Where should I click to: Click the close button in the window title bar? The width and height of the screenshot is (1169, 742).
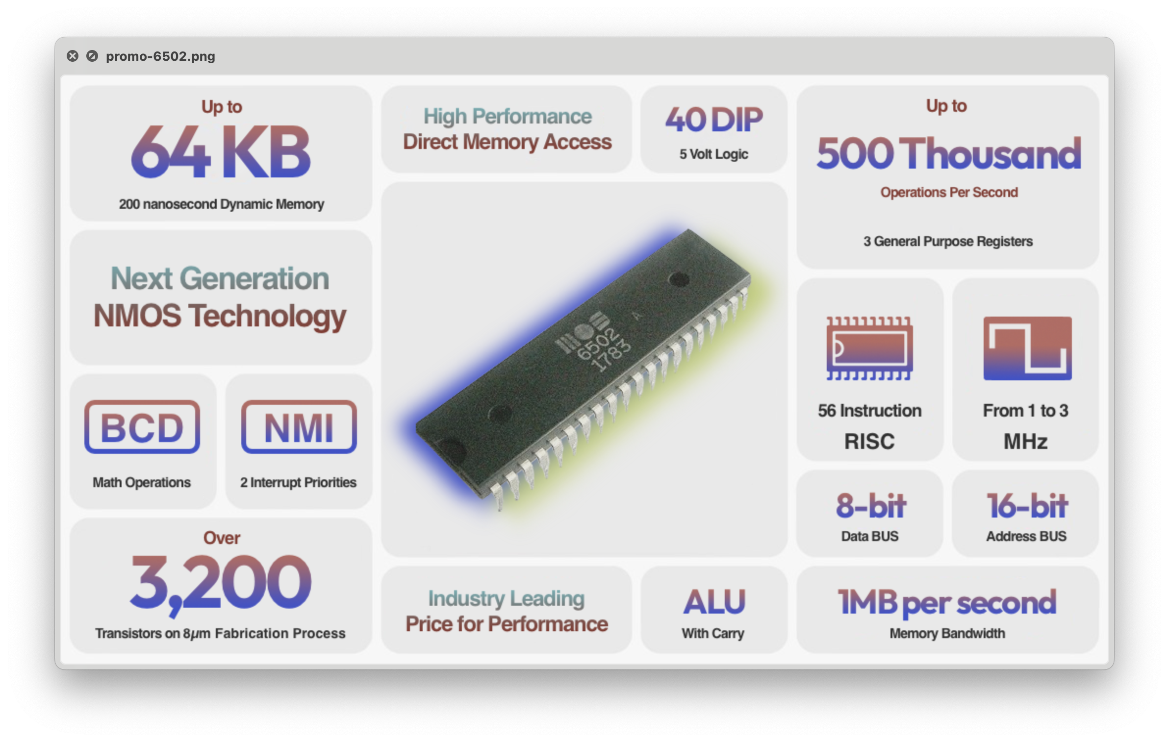pyautogui.click(x=73, y=56)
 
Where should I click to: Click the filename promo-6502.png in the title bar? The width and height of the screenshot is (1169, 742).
pyautogui.click(x=160, y=56)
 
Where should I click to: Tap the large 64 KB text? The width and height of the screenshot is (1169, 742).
pyautogui.click(x=221, y=151)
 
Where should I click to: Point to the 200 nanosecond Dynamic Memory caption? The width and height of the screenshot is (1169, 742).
pyautogui.click(x=221, y=204)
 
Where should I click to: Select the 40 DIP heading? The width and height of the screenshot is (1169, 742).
pyautogui.click(x=713, y=120)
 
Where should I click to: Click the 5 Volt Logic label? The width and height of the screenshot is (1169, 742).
pyautogui.click(x=713, y=154)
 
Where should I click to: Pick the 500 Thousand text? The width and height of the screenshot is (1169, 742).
pyautogui.click(x=948, y=153)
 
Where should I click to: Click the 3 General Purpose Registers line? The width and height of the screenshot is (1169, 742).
pyautogui.click(x=948, y=241)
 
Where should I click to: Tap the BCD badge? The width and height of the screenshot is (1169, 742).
pyautogui.click(x=142, y=427)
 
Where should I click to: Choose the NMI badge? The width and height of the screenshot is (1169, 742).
pyautogui.click(x=299, y=427)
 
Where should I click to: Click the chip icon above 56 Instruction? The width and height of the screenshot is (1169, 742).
pyautogui.click(x=869, y=348)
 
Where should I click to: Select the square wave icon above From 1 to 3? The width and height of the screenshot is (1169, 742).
pyautogui.click(x=1027, y=348)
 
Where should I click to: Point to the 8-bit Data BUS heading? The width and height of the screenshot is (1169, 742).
pyautogui.click(x=870, y=506)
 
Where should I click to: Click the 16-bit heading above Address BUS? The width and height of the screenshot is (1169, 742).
pyautogui.click(x=1027, y=506)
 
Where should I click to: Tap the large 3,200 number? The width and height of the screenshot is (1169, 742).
pyautogui.click(x=221, y=583)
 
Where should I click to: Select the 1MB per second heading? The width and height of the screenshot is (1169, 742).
pyautogui.click(x=947, y=602)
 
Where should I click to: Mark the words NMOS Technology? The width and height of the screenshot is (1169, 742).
pyautogui.click(x=220, y=316)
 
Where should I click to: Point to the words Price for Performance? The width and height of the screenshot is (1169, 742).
pyautogui.click(x=507, y=624)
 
